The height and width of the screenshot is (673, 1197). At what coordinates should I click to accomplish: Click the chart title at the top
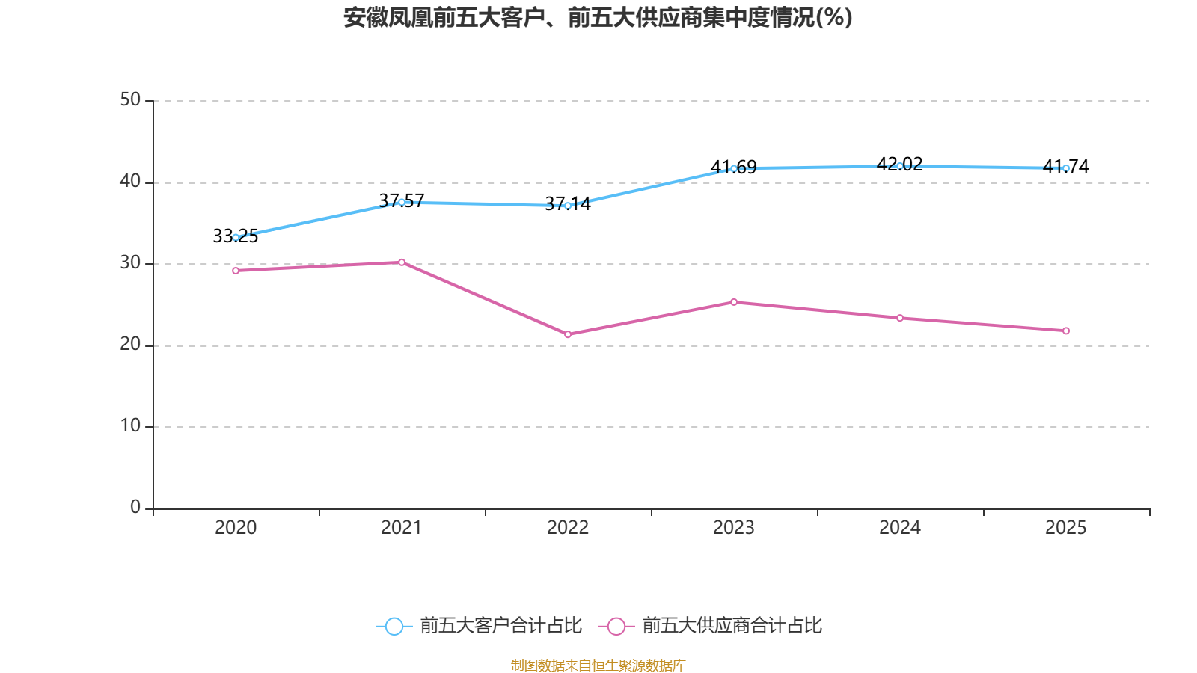[598, 18]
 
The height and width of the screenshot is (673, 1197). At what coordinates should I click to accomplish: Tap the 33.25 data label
[235, 236]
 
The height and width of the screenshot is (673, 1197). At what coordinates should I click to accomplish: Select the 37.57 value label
[401, 201]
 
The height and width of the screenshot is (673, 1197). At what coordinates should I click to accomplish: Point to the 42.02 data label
[900, 164]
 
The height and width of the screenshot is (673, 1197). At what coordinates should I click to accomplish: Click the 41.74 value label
[1065, 166]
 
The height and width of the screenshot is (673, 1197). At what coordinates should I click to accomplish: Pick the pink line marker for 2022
[568, 334]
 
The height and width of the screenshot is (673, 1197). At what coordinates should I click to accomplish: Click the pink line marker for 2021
[402, 262]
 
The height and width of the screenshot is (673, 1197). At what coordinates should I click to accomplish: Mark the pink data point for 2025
[1065, 331]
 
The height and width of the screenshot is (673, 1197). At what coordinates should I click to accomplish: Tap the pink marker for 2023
[734, 302]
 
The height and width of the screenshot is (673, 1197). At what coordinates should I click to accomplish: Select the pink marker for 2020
[236, 271]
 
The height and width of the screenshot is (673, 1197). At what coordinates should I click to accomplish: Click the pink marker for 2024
[900, 319]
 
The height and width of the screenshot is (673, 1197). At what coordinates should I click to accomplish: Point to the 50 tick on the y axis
[130, 99]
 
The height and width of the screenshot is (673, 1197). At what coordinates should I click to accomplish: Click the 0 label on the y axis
[135, 507]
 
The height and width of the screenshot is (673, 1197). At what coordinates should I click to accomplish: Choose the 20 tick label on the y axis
[130, 344]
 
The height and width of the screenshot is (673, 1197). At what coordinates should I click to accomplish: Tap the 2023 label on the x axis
[734, 528]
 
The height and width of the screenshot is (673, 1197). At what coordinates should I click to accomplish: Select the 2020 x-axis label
[236, 528]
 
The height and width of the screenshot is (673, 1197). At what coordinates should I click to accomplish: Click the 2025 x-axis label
[1065, 528]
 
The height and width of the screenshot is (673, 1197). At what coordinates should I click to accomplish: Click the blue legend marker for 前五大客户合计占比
[394, 626]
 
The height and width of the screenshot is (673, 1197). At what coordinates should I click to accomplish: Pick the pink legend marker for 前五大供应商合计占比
[616, 626]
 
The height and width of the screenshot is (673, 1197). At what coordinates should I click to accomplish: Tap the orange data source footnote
[598, 665]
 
